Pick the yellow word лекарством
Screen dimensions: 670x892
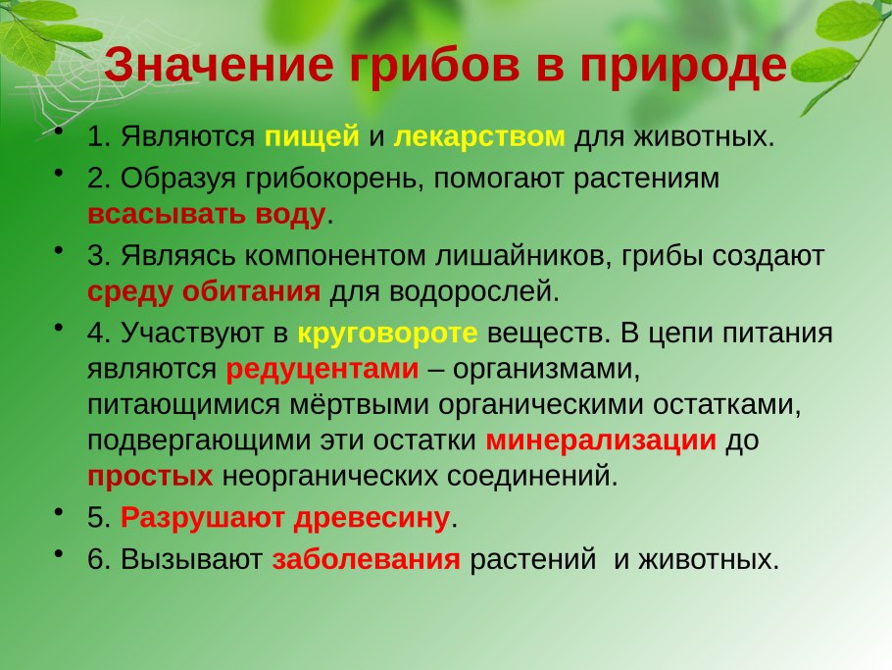479,137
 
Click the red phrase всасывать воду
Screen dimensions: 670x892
206,213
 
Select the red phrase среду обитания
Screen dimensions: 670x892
204,291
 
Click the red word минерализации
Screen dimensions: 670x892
601,440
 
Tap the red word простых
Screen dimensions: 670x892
150,477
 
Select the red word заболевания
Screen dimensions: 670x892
366,559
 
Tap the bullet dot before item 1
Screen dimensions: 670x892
61,131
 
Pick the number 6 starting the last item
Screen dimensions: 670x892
95,559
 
